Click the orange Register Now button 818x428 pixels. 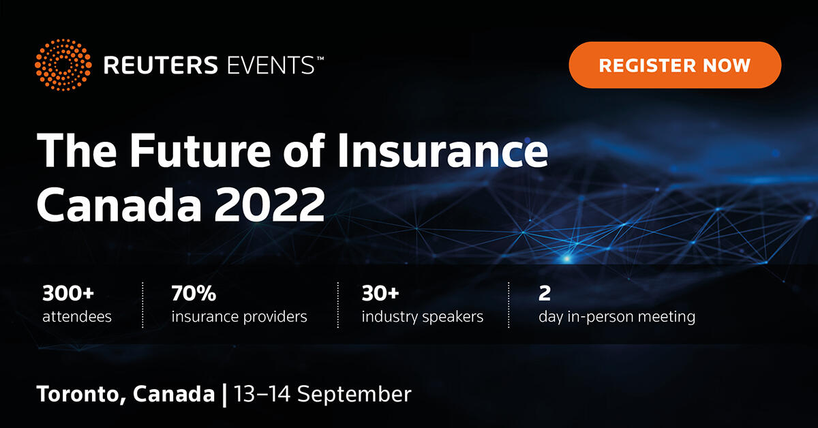coord(674,65)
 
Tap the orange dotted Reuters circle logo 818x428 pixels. coord(62,65)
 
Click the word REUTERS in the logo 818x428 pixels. coord(159,66)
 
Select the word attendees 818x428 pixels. coord(77,317)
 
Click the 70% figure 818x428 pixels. coord(194,294)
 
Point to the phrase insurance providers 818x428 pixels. coord(239,317)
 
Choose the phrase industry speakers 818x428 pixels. coord(423,317)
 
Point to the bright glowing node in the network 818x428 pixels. coord(566,258)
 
